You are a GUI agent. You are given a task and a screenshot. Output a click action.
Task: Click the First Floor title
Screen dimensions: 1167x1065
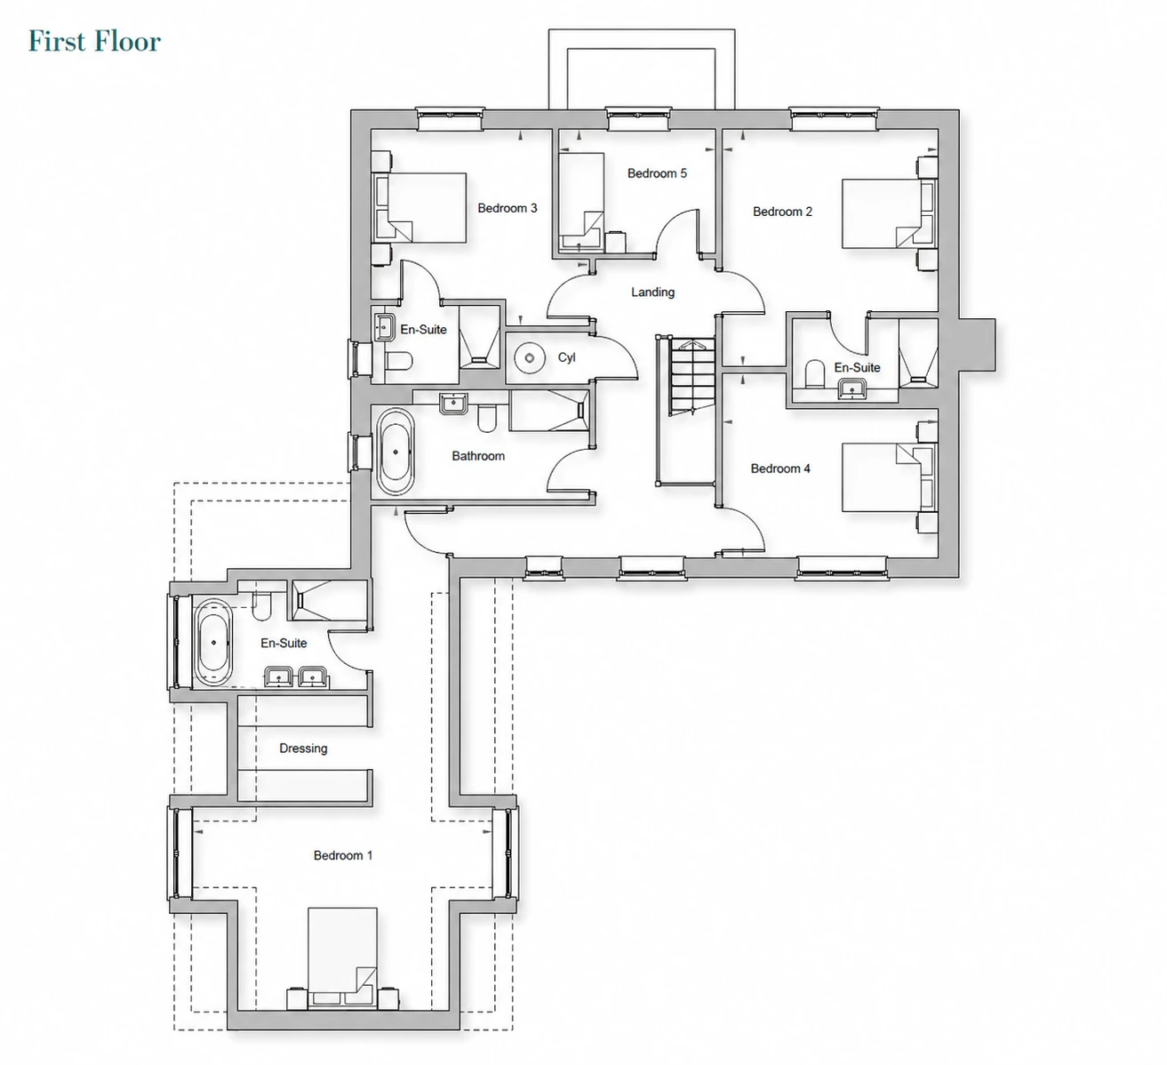pyautogui.click(x=95, y=41)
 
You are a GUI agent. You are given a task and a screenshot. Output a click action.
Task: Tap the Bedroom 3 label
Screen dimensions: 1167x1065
pyautogui.click(x=508, y=208)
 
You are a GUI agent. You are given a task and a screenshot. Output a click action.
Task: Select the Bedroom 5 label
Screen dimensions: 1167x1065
pyautogui.click(x=657, y=173)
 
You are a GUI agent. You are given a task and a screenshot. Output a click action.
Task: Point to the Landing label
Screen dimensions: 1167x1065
pyautogui.click(x=652, y=292)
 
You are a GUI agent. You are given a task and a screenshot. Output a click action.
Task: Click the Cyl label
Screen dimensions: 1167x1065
pyautogui.click(x=567, y=357)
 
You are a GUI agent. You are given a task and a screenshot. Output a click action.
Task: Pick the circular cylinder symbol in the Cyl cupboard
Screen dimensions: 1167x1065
pyautogui.click(x=530, y=358)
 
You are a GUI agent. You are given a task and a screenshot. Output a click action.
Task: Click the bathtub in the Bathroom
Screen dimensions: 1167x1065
pyautogui.click(x=396, y=452)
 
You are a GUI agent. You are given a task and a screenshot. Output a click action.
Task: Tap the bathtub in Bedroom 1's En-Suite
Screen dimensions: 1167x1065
pyautogui.click(x=213, y=643)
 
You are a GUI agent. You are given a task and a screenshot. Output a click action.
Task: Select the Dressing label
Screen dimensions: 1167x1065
pyautogui.click(x=303, y=749)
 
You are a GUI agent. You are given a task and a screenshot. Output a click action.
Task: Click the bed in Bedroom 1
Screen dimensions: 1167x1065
pyautogui.click(x=343, y=957)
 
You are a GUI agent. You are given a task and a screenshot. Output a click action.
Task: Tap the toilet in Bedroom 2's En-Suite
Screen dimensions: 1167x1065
pyautogui.click(x=814, y=373)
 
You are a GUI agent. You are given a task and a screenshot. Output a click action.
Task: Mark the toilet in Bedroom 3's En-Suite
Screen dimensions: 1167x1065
pyautogui.click(x=398, y=362)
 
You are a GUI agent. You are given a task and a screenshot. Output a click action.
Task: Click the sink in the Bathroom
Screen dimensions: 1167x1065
pyautogui.click(x=452, y=404)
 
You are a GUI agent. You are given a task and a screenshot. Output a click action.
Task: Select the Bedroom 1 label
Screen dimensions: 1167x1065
pyautogui.click(x=343, y=855)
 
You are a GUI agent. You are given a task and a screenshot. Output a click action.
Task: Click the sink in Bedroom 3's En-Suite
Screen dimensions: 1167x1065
pyautogui.click(x=385, y=327)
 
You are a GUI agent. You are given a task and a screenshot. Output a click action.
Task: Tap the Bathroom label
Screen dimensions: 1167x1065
pyautogui.click(x=478, y=456)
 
